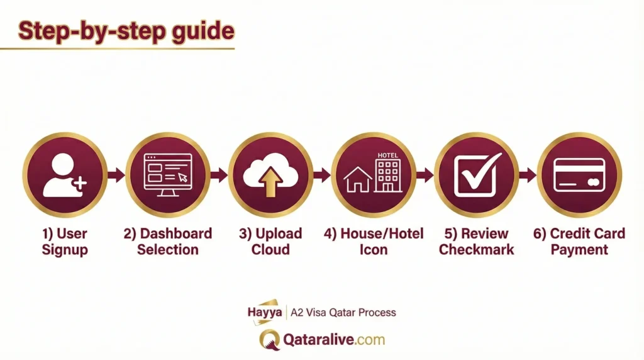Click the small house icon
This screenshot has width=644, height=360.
click(358, 179)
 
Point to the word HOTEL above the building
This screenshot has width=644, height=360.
click(387, 155)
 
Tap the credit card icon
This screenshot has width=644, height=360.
click(579, 175)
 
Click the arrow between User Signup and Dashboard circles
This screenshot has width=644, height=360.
click(116, 175)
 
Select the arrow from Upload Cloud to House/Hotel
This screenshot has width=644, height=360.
click(321, 175)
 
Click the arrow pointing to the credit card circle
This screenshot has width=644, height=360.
click(528, 175)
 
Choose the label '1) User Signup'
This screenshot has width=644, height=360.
click(65, 242)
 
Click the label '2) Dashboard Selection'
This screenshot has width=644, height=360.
click(168, 242)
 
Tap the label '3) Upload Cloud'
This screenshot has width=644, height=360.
click(270, 242)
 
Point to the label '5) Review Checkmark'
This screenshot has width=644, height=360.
click(477, 242)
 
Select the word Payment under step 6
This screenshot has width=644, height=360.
click(579, 250)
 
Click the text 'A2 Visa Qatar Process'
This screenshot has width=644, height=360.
click(343, 312)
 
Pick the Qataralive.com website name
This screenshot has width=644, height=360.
click(333, 340)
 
